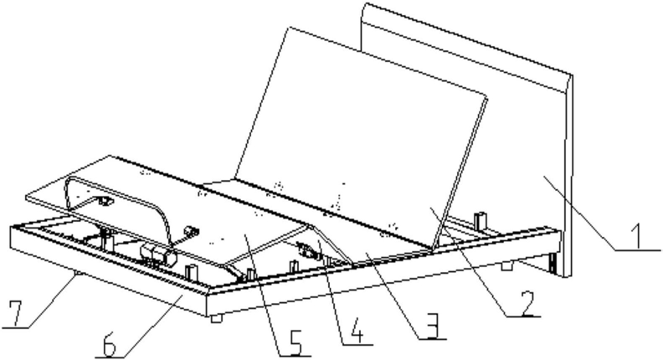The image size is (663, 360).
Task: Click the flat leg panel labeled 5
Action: (x=251, y=234)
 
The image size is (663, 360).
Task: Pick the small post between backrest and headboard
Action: (x=480, y=221)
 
